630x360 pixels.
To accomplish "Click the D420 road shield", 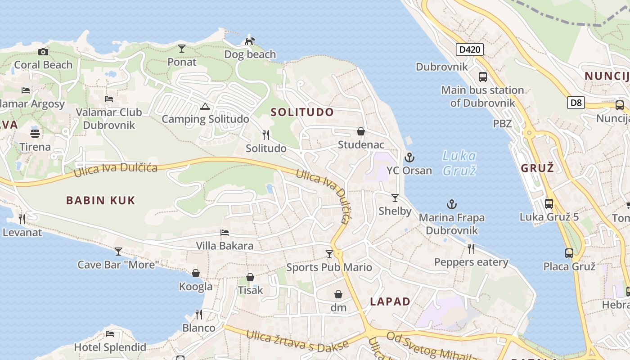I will point(469,49).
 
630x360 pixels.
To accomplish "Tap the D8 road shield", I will point(576,103).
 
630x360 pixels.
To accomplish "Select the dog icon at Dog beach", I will point(250,41).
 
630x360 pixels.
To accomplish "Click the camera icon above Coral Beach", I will point(43,52).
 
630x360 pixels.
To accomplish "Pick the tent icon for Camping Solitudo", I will point(205,107).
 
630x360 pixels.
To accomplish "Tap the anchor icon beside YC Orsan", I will point(409,157).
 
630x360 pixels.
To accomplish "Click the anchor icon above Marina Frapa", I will point(451,205).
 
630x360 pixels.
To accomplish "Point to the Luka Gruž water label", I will point(459,163).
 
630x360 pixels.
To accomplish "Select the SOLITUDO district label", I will point(302,112).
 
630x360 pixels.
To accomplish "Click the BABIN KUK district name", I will point(101,200).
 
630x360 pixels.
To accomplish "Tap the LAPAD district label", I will point(390,301).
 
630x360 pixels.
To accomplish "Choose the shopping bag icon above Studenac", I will point(360,131).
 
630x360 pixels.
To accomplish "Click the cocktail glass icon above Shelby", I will point(395,198).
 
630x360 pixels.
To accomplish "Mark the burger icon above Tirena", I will point(35,133).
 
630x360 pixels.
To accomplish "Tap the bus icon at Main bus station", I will point(483,77).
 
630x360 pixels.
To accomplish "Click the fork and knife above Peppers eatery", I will point(471,249).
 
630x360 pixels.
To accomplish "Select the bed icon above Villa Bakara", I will point(225,233).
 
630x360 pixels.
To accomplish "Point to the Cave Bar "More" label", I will point(118,264).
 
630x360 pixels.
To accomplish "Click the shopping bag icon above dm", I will point(338,294).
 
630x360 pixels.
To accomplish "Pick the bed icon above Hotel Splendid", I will point(110,334).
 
